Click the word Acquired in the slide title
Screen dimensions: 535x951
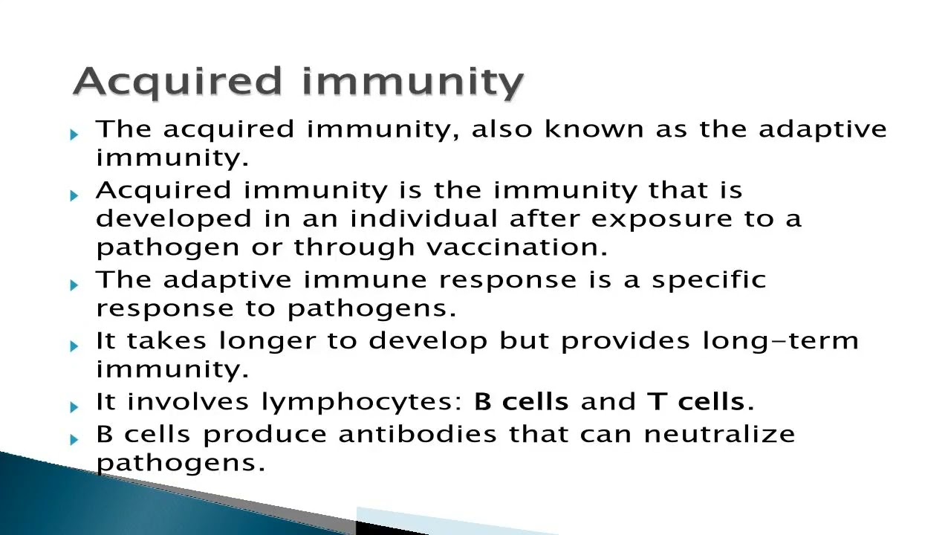178,82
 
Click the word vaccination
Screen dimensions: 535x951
517,247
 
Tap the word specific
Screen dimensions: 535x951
709,281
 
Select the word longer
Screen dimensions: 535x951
272,342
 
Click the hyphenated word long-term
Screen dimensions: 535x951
780,341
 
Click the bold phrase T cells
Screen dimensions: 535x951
701,402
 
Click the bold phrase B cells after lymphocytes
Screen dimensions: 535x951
521,402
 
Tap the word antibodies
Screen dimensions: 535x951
420,434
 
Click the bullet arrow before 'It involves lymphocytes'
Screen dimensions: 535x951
74,406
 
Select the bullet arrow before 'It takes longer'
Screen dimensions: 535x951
74,346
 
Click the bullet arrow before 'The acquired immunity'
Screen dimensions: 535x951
74,134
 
